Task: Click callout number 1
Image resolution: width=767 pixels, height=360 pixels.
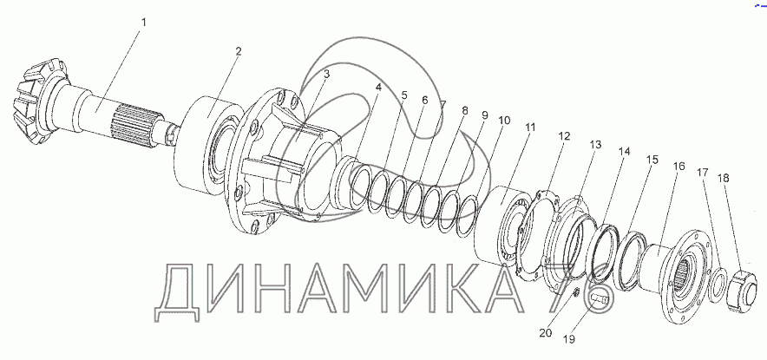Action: pos(143,23)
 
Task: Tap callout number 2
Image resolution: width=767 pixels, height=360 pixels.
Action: pos(239,52)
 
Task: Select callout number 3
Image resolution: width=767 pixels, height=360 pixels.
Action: pos(327,74)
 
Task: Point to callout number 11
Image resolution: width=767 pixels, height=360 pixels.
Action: pos(531,128)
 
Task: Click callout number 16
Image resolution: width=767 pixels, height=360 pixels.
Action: pos(679,167)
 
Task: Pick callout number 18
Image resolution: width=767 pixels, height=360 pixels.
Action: pos(724,178)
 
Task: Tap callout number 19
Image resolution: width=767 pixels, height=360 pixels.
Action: pos(569,338)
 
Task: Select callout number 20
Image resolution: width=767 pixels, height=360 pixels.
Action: pos(546,333)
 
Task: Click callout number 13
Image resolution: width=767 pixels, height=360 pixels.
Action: pos(595,145)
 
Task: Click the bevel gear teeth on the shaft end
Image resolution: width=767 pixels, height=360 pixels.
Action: pos(36,102)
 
